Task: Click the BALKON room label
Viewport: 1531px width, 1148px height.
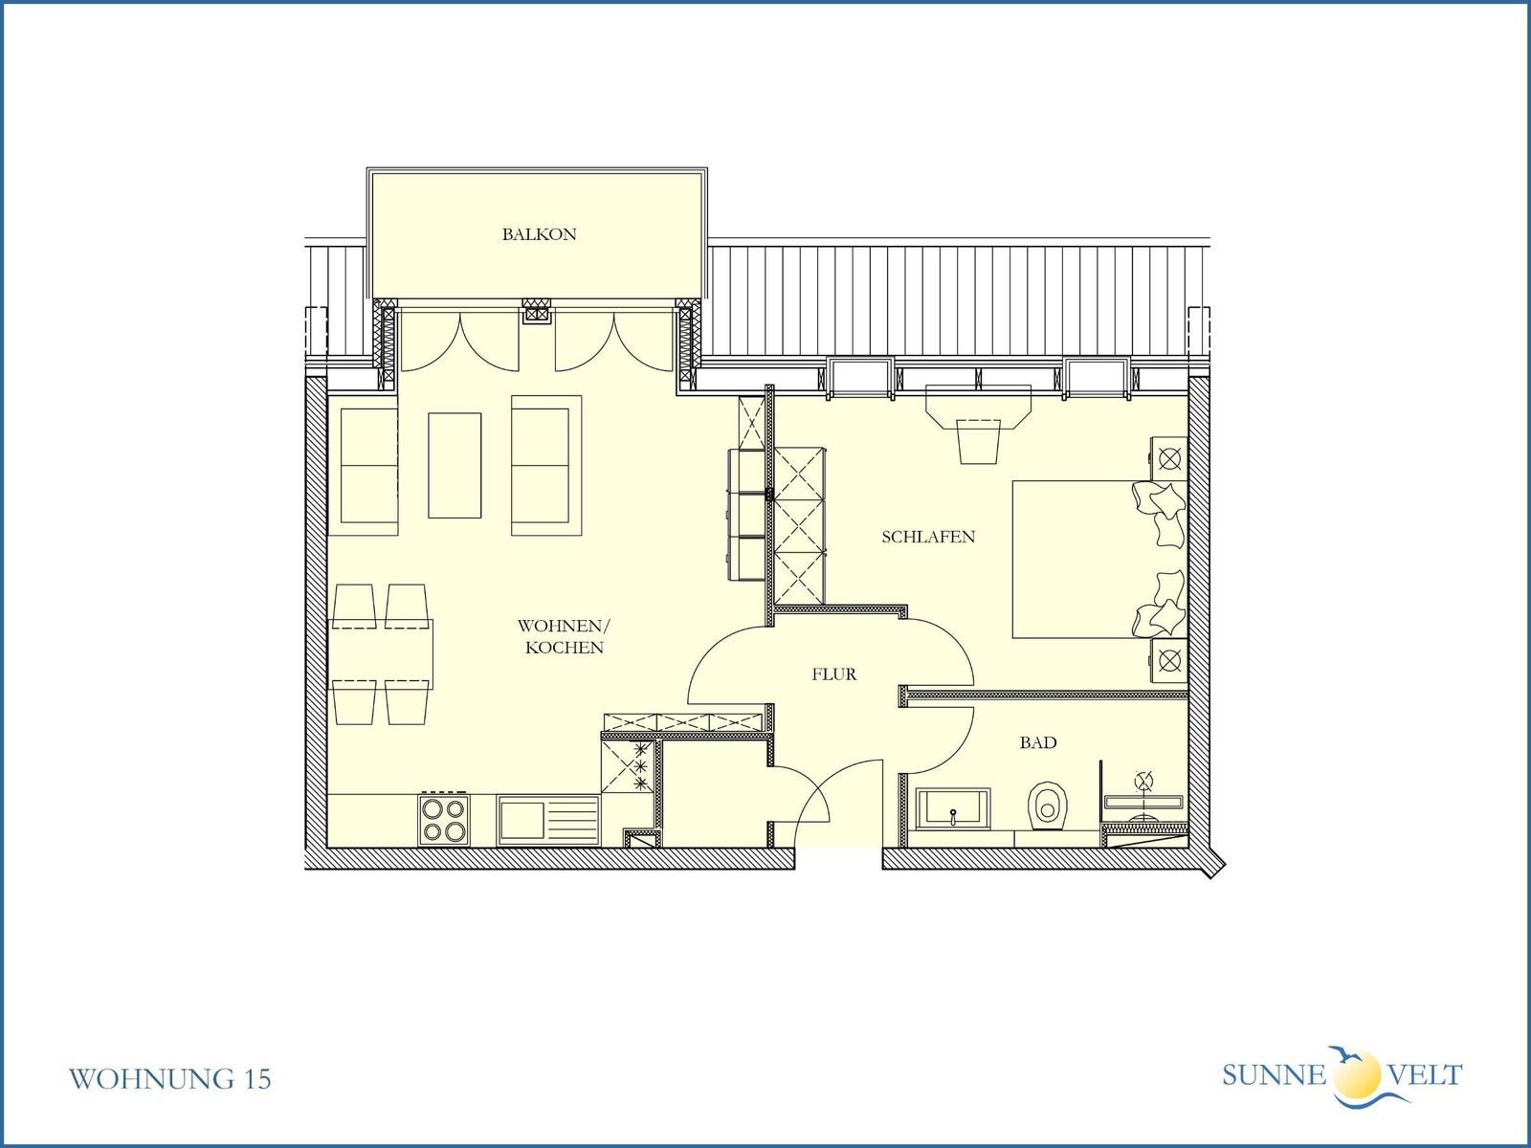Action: pos(539,234)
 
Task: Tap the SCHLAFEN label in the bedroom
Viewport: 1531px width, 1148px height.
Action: pos(928,537)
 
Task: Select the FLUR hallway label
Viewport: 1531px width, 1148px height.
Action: pos(834,674)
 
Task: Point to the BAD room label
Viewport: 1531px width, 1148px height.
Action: pos(1038,742)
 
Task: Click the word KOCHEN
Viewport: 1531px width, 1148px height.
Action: pos(565,648)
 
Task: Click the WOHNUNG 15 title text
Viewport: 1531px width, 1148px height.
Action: pos(169,1079)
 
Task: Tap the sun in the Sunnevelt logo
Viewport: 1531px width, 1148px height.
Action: pos(1357,1074)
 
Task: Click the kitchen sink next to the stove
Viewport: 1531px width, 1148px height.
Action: pos(548,821)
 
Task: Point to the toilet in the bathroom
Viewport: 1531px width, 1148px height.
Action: pos(1047,806)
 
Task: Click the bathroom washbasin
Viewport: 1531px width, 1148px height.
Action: pos(953,808)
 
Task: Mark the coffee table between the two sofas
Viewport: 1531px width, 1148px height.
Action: pos(455,465)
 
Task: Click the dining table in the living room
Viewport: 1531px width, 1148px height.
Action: pos(381,653)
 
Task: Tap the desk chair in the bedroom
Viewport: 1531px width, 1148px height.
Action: pos(979,441)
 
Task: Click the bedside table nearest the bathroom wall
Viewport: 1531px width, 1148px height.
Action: pos(1169,660)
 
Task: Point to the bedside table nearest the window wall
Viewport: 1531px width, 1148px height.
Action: pos(1169,458)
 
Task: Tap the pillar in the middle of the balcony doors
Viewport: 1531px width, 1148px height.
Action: pos(537,312)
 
